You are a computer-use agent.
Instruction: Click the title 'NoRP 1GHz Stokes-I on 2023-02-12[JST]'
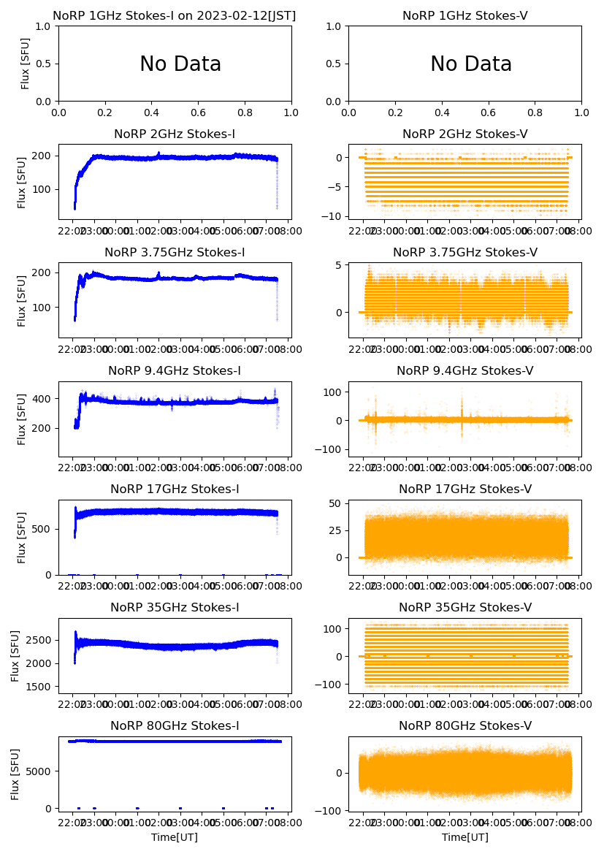click(x=175, y=15)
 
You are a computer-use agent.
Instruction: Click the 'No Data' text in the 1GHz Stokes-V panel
click(x=471, y=64)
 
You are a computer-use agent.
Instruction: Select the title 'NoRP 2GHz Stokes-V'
click(x=465, y=134)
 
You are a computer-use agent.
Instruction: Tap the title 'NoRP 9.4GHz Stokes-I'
click(x=175, y=371)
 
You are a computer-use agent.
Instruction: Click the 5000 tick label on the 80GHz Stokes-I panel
click(x=40, y=771)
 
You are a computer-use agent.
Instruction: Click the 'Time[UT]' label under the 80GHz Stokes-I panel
click(x=175, y=837)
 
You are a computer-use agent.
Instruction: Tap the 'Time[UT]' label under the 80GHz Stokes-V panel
click(x=465, y=837)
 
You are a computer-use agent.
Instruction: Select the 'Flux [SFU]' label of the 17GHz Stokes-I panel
click(x=22, y=538)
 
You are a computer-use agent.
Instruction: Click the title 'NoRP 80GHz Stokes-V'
click(x=465, y=726)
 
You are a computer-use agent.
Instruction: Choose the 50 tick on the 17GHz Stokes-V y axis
click(x=336, y=503)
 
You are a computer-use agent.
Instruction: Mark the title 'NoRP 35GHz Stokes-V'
click(x=465, y=608)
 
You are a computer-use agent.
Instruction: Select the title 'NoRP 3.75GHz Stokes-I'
click(x=175, y=253)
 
